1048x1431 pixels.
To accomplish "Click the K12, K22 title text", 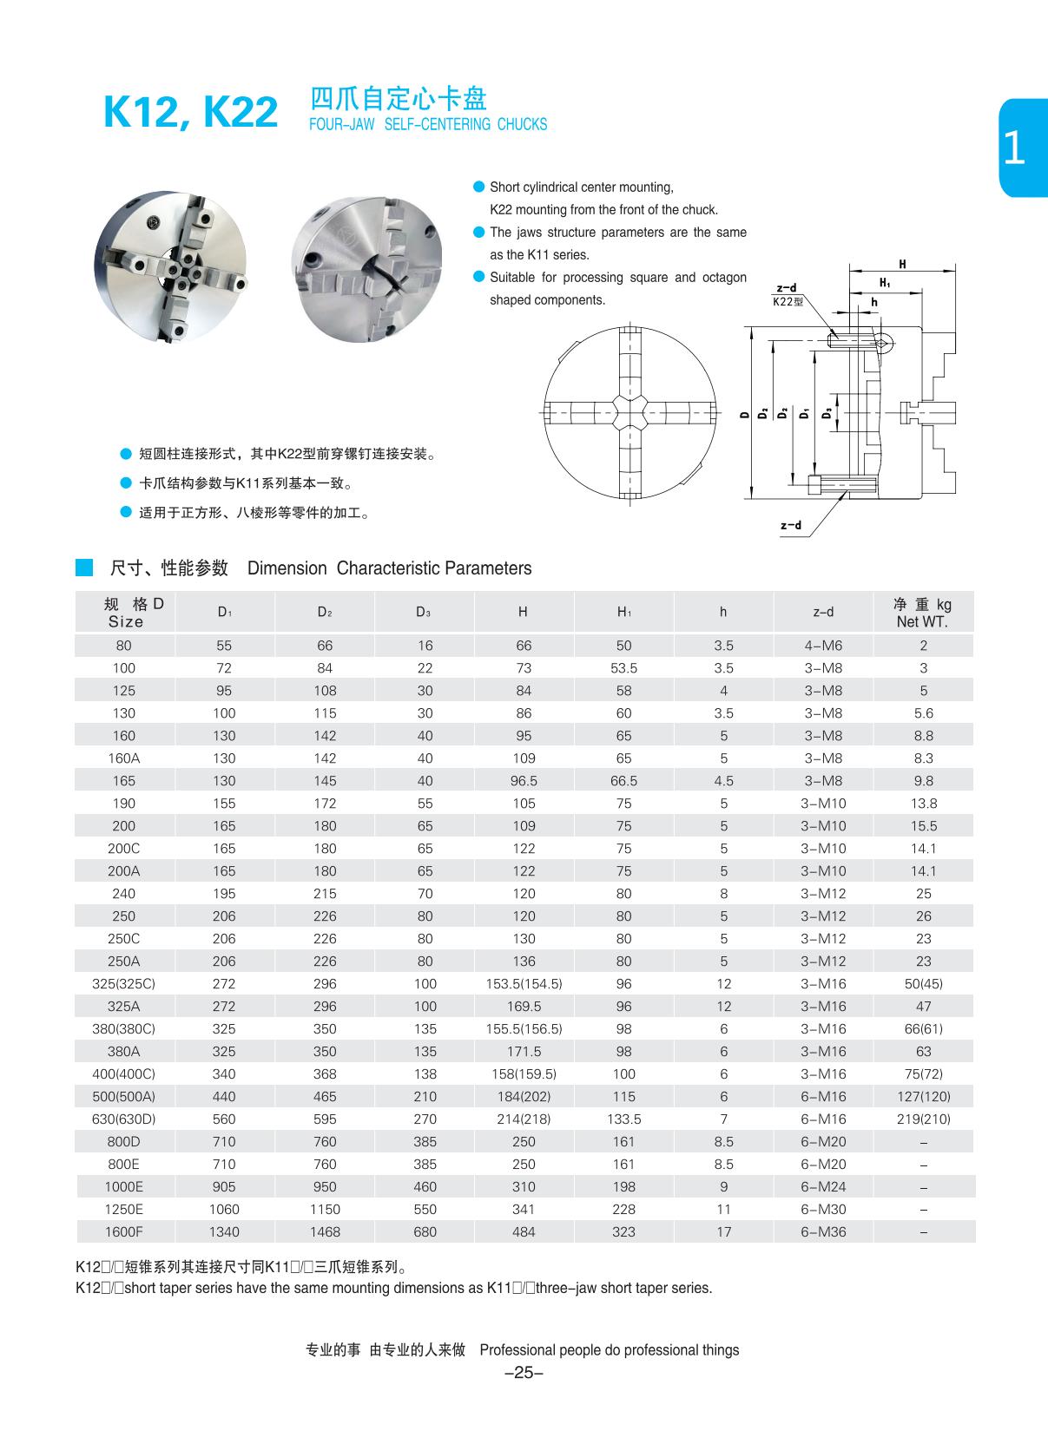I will pyautogui.click(x=190, y=112).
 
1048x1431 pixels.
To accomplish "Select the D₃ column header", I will pyautogui.click(x=424, y=612).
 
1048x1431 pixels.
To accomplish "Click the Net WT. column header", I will pyautogui.click(x=922, y=613).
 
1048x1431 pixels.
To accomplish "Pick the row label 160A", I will pyautogui.click(x=124, y=758).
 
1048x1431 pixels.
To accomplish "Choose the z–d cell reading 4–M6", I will pyautogui.click(x=822, y=646).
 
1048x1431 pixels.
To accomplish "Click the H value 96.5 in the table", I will pyautogui.click(x=524, y=780).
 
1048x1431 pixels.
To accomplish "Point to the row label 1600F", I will pyautogui.click(x=124, y=1231).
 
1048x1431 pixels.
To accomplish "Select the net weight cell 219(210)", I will pyautogui.click(x=923, y=1119).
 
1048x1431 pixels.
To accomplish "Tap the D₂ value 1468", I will pyautogui.click(x=325, y=1231).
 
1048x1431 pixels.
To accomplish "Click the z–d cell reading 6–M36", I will pyautogui.click(x=822, y=1231).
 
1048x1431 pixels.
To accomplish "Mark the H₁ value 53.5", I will pyautogui.click(x=623, y=668).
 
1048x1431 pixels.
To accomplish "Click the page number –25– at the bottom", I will pyautogui.click(x=523, y=1372).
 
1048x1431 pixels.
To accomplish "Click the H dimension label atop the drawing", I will pyautogui.click(x=902, y=265).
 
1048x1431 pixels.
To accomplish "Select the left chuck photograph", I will pyautogui.click(x=170, y=266).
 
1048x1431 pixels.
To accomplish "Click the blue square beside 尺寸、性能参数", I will pyautogui.click(x=84, y=568).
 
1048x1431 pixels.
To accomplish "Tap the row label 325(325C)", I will pyautogui.click(x=124, y=983).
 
